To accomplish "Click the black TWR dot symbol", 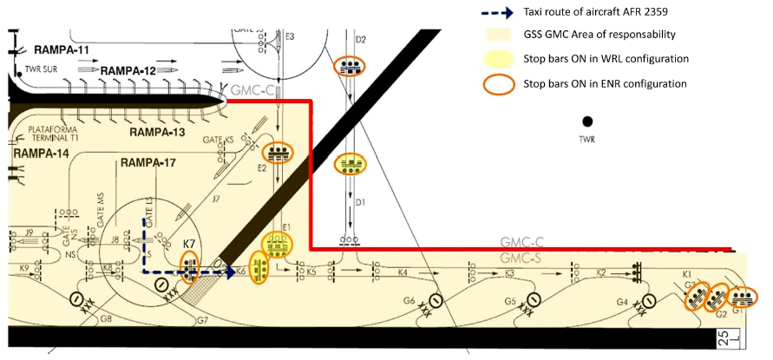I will click(587, 121).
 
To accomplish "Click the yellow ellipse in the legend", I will click(497, 59).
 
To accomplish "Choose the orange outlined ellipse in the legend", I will click(497, 83).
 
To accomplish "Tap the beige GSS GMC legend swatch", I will click(497, 36).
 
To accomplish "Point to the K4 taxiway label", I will click(403, 274).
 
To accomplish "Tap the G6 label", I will click(409, 300).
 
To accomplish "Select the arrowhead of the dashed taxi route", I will click(231, 272).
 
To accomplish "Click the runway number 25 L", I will click(723, 337).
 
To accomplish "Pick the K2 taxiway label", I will click(600, 272).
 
